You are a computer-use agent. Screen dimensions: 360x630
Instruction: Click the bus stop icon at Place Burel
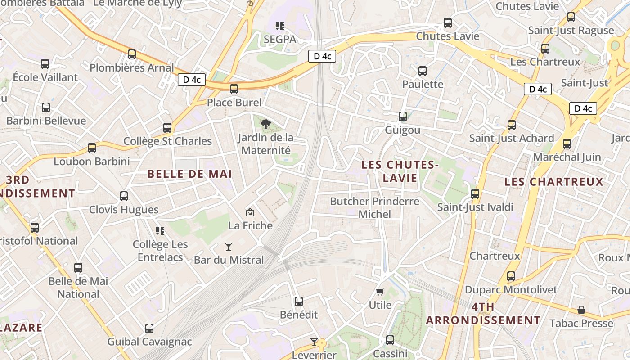point(234,89)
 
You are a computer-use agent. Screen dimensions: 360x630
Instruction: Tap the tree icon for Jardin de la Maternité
point(265,124)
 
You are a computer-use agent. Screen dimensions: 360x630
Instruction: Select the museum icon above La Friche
point(250,212)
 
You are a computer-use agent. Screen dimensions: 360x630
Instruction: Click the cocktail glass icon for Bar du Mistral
point(229,247)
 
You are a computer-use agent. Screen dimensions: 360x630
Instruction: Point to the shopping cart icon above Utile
point(380,292)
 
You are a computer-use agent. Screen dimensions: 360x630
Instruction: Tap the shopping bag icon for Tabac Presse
point(581,310)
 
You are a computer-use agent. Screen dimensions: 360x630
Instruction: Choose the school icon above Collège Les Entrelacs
point(160,231)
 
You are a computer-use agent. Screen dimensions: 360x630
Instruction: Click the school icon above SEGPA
point(280,26)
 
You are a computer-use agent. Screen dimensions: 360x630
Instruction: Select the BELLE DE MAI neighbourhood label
point(189,174)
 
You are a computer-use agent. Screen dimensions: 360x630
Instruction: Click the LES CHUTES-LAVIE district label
point(400,171)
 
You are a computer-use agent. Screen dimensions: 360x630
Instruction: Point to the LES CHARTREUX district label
point(553,182)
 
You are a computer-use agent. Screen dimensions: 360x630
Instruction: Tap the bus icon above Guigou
point(403,117)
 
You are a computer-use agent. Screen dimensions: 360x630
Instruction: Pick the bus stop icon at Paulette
point(423,71)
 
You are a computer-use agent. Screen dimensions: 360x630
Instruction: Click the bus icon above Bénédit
point(299,301)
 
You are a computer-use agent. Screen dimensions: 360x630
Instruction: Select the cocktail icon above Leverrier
point(314,342)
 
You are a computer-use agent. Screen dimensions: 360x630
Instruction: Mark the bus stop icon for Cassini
point(390,340)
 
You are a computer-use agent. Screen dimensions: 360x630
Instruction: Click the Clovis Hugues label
point(124,210)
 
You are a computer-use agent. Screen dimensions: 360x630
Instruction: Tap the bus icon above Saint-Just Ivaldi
point(475,194)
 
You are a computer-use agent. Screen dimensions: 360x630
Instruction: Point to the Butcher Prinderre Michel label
point(375,207)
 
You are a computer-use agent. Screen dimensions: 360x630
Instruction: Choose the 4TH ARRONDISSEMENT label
point(483,314)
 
